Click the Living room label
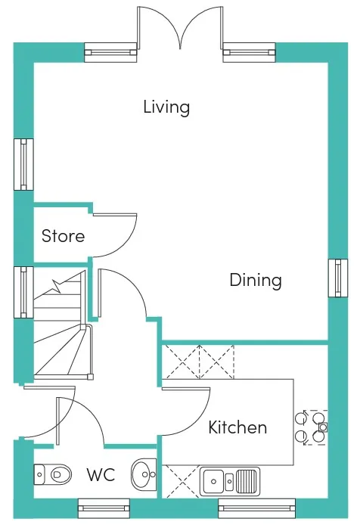[166, 107]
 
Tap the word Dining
[256, 281]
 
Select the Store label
[63, 236]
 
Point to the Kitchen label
[237, 427]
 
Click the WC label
[101, 475]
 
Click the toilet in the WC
[53, 474]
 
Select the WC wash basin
[144, 475]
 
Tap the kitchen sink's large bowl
[214, 481]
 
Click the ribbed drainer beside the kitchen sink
[246, 481]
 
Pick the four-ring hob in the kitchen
[312, 427]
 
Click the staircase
[63, 325]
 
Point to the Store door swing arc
[119, 241]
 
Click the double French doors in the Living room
[180, 27]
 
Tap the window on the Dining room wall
[338, 278]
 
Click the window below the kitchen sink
[257, 508]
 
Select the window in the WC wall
[104, 508]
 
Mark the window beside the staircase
[23, 292]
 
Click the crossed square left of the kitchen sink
[181, 482]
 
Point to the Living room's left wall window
[23, 164]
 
